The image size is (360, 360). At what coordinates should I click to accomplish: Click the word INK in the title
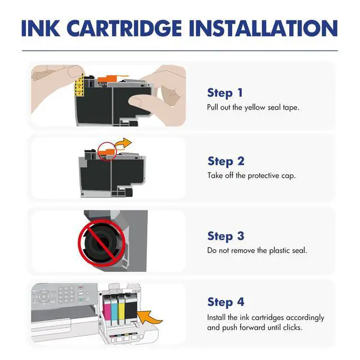point(40,28)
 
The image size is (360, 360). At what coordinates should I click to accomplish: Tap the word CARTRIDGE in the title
point(125,28)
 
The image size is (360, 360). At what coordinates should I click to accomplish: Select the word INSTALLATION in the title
point(263,28)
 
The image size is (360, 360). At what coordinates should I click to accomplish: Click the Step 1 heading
point(225,93)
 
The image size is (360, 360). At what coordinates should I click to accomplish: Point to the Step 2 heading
point(226,161)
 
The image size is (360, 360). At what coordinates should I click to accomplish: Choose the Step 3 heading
point(226,236)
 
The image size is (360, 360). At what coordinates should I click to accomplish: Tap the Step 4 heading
point(226,303)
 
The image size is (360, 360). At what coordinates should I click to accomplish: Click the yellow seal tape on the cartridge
point(79,85)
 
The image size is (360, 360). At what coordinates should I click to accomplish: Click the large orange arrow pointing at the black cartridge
point(149,317)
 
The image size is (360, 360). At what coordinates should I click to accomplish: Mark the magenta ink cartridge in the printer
point(107,310)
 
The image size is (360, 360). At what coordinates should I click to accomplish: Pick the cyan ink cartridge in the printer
point(114,310)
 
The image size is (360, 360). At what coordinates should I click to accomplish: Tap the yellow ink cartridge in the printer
point(121,310)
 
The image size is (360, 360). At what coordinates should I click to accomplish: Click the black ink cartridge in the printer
point(130,308)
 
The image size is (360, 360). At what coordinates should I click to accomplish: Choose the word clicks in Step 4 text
point(292,327)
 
